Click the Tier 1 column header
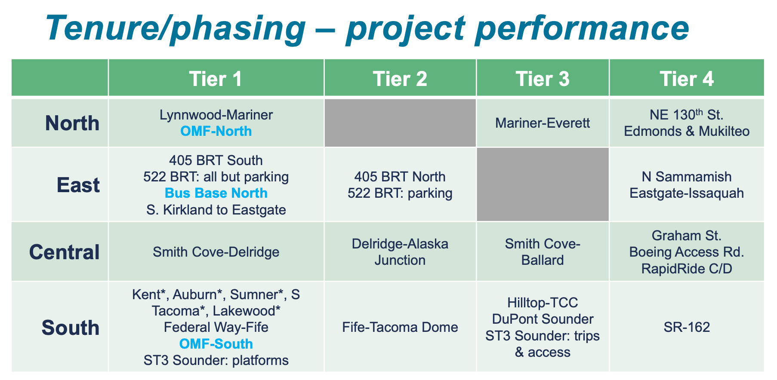(216, 79)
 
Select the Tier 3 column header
(542, 79)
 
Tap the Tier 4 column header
(686, 79)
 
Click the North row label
(72, 123)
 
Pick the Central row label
(64, 252)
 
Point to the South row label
(70, 328)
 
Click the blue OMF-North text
(216, 131)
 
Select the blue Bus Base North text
(216, 193)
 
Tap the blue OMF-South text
(216, 344)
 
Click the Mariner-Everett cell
(542, 123)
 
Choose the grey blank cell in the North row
(400, 123)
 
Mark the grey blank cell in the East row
(542, 184)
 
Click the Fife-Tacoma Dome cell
(400, 328)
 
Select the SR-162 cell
(686, 328)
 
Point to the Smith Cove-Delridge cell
(216, 252)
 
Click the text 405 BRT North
(400, 177)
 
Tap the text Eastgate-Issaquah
(686, 193)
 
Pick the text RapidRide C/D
(686, 269)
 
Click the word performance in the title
(582, 28)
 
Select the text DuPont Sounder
(542, 319)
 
